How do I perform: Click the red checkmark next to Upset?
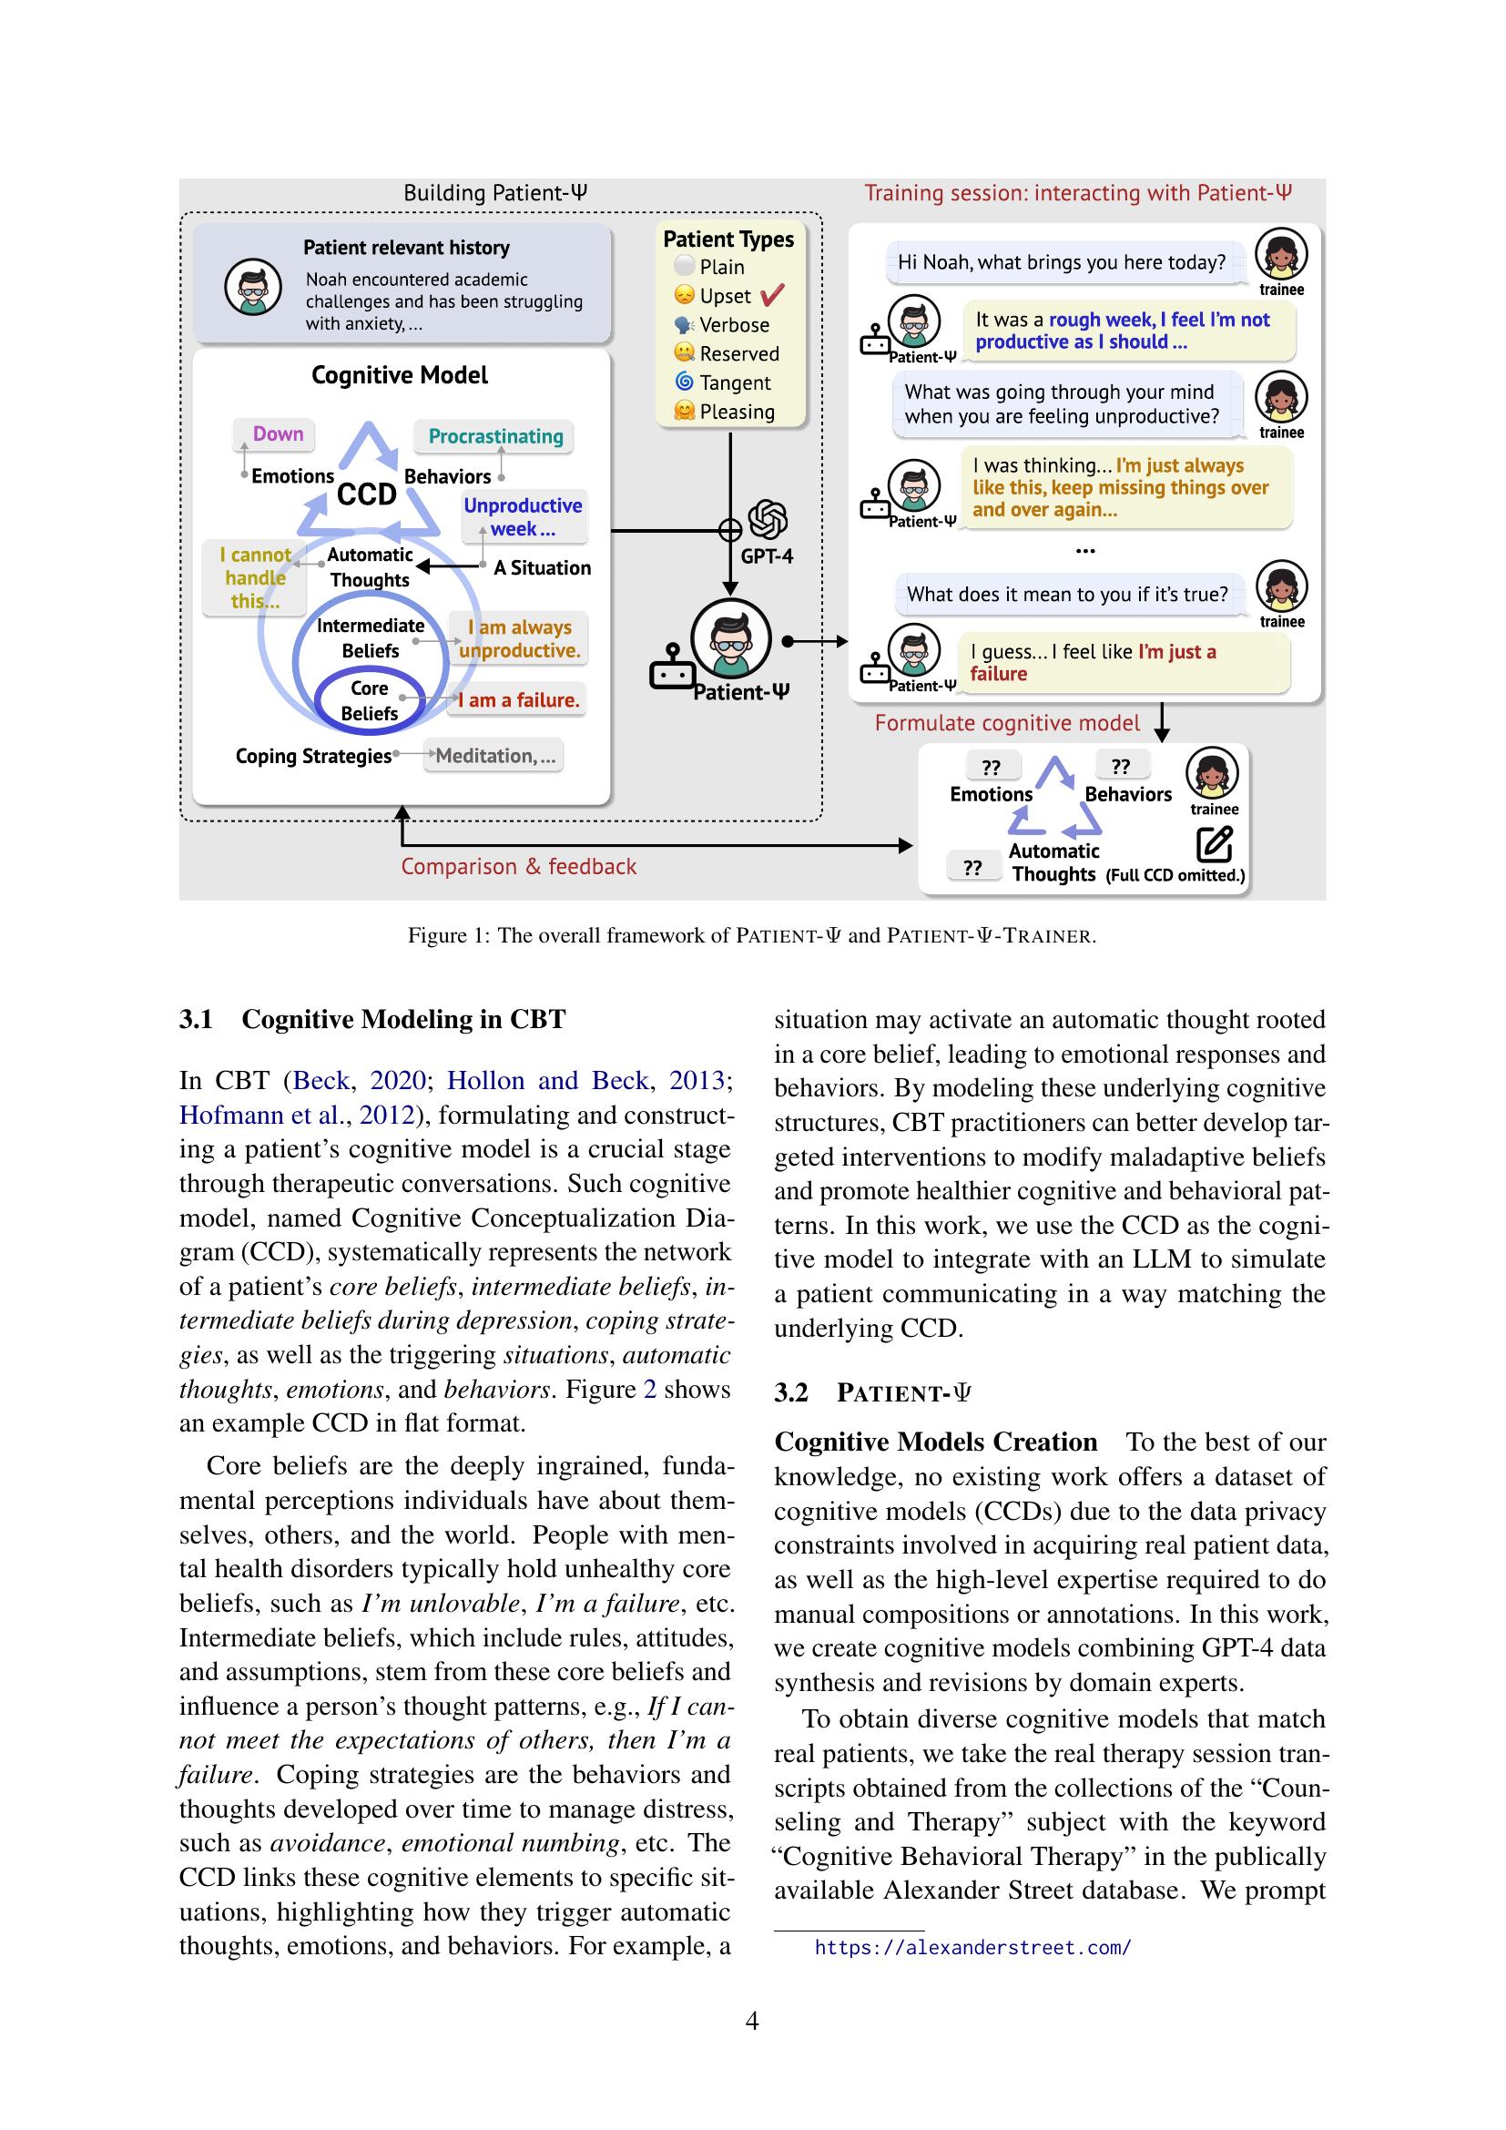tap(770, 296)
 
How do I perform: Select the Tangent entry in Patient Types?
tap(735, 382)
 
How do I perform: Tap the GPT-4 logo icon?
tap(767, 519)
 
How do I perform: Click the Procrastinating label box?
tap(495, 436)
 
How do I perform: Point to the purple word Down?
tap(278, 433)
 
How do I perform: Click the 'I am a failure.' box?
tap(518, 700)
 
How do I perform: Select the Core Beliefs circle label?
tap(369, 700)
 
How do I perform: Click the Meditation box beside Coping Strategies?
tap(494, 756)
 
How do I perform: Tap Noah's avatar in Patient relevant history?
tap(252, 287)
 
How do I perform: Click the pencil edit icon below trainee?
tap(1214, 843)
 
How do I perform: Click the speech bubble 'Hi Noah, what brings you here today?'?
tap(1061, 262)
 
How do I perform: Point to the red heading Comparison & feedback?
tap(518, 866)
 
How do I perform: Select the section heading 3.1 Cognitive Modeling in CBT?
tap(371, 1020)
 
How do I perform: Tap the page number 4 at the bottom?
tap(752, 2021)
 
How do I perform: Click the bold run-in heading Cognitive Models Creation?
tap(936, 1442)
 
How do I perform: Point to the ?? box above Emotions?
tap(991, 767)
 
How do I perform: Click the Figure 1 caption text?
tap(752, 935)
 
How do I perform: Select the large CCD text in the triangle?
tap(366, 494)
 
